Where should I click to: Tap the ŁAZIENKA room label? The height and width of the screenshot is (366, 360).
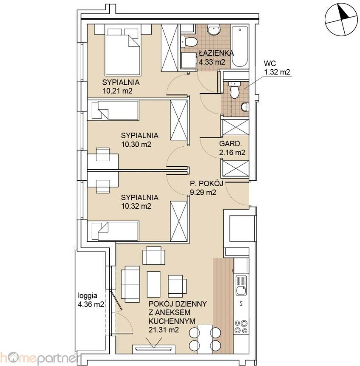click(x=216, y=53)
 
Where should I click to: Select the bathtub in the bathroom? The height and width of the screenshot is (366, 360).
click(x=240, y=47)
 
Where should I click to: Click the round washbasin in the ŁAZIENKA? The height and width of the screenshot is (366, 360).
click(x=213, y=30)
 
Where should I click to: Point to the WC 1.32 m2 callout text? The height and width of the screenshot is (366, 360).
click(x=277, y=68)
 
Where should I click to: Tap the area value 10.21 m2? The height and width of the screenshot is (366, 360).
click(x=117, y=91)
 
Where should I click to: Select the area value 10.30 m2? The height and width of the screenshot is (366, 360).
click(x=136, y=144)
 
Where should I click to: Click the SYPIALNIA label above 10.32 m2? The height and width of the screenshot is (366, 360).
click(x=139, y=198)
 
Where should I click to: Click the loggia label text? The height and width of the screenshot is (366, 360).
click(x=88, y=296)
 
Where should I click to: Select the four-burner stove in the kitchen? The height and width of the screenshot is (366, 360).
click(x=241, y=327)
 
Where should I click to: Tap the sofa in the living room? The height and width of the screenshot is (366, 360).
click(x=130, y=284)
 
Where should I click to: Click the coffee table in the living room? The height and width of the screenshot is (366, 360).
click(x=153, y=284)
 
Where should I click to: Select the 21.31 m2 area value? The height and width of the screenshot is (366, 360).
click(x=164, y=330)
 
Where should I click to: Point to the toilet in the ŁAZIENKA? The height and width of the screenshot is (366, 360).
click(x=189, y=42)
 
